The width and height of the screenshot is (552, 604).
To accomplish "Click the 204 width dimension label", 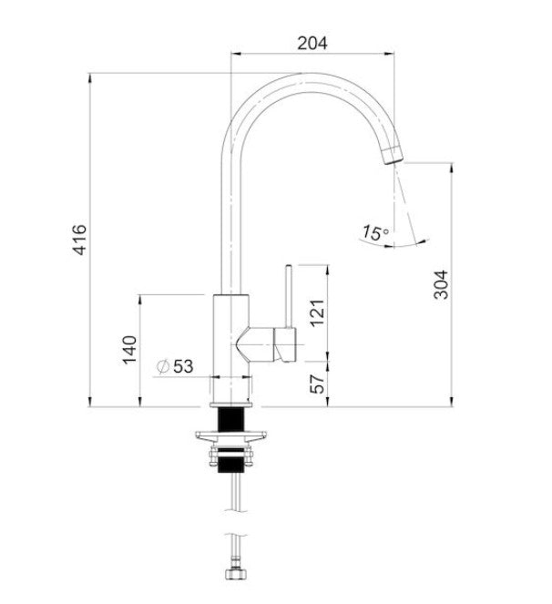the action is pyautogui.click(x=312, y=43).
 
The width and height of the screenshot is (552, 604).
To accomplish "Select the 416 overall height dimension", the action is pyautogui.click(x=80, y=240).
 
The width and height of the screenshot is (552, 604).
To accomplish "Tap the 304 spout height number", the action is pyautogui.click(x=441, y=284).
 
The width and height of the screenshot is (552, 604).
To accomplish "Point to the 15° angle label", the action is pyautogui.click(x=375, y=232).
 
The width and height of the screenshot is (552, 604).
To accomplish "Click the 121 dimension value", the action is pyautogui.click(x=317, y=312).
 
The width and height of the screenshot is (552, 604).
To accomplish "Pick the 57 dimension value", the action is pyautogui.click(x=317, y=384).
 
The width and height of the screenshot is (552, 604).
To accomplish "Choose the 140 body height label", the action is pyautogui.click(x=129, y=350).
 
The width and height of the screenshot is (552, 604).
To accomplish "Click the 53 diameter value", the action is pyautogui.click(x=183, y=366).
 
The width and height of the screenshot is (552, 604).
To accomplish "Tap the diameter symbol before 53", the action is pyautogui.click(x=163, y=366).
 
